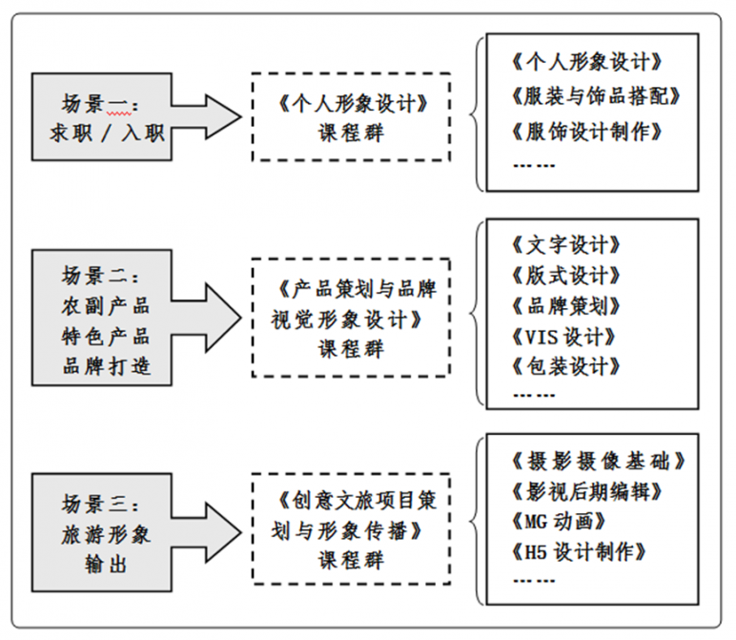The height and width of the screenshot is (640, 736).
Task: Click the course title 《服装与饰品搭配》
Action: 596,96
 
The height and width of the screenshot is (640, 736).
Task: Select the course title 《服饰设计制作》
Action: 586,132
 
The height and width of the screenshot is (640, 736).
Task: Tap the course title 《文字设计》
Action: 566,244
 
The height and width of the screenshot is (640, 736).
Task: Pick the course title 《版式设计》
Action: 566,275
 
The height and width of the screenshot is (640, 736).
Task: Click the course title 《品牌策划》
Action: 566,305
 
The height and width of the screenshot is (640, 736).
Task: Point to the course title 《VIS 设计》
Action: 563,337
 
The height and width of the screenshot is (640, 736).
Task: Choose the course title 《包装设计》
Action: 566,366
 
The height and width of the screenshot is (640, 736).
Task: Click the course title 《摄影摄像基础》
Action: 599,461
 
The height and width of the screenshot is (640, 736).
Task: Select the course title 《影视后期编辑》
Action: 586,491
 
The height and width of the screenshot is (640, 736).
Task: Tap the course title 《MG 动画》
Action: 559,521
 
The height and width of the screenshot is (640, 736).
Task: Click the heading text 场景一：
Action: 100,104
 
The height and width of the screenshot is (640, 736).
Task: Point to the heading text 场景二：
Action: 100,275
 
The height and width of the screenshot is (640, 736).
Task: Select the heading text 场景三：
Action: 100,504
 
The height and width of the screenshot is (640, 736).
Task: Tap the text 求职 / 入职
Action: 107,134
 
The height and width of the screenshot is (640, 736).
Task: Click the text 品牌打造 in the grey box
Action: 106,365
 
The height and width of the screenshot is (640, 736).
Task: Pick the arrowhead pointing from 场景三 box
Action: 223,532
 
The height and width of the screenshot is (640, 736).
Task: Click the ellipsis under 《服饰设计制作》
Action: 534,165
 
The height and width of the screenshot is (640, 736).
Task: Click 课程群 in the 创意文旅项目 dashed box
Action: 351,560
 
